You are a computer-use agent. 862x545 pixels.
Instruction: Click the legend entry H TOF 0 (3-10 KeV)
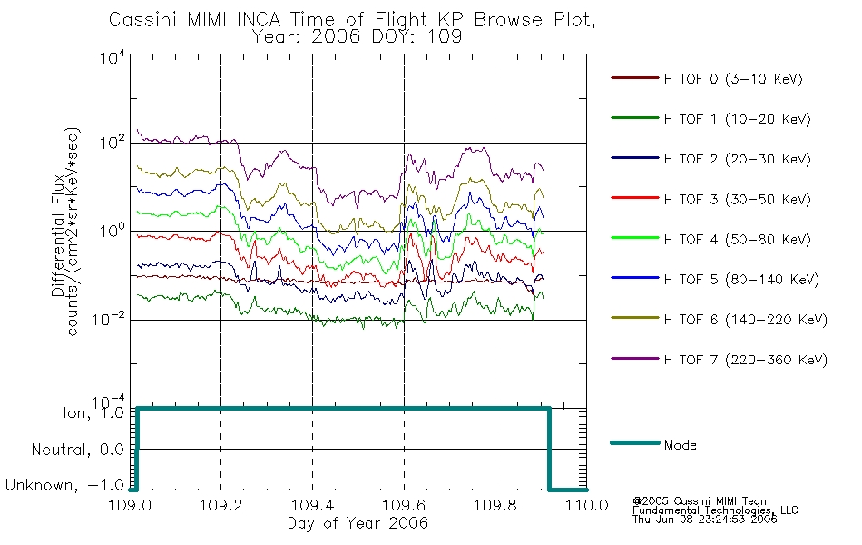coord(733,79)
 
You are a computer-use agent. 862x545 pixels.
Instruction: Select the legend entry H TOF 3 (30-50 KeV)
coord(737,199)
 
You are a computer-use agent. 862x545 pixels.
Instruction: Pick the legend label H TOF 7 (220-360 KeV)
coord(746,360)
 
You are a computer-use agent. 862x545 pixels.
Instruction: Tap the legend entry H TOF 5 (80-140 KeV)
coord(741,280)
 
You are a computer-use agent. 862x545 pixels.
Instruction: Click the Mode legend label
coord(680,445)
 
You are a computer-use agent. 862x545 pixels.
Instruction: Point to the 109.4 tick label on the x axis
coord(313,505)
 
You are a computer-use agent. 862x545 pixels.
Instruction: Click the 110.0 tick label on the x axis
coord(586,505)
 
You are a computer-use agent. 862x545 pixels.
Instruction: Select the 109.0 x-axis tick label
coord(130,505)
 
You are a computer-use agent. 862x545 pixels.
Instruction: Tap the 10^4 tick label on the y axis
coord(113,58)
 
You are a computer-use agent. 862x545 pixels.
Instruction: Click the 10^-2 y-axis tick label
coord(108,320)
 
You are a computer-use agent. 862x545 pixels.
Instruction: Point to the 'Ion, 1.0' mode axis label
coord(93,412)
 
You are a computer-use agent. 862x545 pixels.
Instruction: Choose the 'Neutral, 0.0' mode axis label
coord(78,450)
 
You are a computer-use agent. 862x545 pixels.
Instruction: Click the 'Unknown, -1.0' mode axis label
coord(64,485)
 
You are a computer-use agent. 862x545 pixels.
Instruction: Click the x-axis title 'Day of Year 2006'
coord(358,523)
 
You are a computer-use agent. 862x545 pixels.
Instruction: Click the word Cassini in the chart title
coord(143,20)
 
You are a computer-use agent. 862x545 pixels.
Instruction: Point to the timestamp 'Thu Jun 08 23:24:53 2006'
coord(704,519)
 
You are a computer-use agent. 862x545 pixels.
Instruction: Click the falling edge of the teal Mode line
coord(549,449)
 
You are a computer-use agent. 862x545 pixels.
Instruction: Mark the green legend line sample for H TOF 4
coord(635,238)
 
